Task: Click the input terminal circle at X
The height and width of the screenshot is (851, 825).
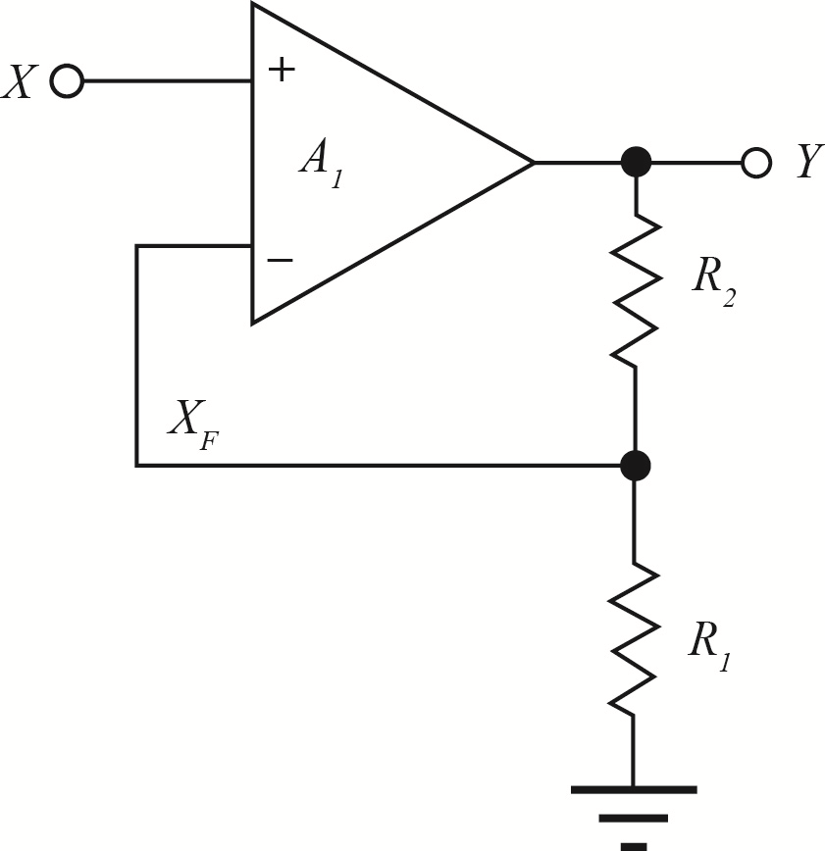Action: coord(67,81)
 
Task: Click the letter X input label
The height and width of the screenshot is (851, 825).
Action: coord(20,82)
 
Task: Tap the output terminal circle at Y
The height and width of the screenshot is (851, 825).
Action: coord(755,162)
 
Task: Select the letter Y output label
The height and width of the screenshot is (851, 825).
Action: coord(806,162)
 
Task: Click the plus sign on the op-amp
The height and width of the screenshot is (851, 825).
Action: coord(281,70)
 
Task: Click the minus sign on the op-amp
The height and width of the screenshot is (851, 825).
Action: coord(280,260)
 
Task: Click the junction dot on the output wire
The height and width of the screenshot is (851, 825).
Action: coord(636,162)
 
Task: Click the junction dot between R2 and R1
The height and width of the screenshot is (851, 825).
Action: coord(636,465)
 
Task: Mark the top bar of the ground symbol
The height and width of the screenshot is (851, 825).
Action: coord(634,788)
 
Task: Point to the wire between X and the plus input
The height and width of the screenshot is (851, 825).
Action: coord(167,81)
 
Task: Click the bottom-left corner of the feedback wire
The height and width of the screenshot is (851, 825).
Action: coord(137,465)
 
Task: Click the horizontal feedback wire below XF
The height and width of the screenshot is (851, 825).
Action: coord(383,465)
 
